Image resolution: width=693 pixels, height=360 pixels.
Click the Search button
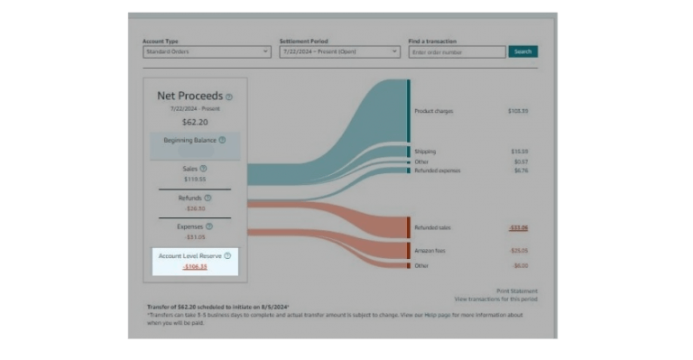point(522,51)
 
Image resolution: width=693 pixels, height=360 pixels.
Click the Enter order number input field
point(457,52)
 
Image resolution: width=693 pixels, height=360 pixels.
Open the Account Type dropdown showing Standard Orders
point(206,51)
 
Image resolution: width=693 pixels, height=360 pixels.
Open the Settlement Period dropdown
point(338,51)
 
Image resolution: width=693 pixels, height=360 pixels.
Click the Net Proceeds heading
point(189,96)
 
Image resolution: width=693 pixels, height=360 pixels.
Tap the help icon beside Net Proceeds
point(229,97)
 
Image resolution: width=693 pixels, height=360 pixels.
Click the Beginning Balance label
point(189,140)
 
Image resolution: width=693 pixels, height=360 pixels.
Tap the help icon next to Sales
point(203,168)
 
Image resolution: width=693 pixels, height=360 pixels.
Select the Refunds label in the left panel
point(190,198)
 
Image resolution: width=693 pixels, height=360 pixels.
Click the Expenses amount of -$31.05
point(195,237)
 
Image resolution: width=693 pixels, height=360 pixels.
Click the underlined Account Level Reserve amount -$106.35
point(195,266)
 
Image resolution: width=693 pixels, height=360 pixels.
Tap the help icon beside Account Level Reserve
point(227,256)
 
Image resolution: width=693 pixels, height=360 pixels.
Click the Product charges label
point(433,111)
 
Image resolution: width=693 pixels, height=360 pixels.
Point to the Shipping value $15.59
point(520,152)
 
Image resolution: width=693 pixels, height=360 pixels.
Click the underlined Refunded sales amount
point(519,228)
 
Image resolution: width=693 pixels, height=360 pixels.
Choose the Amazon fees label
point(429,250)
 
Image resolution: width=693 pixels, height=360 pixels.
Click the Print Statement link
point(516,291)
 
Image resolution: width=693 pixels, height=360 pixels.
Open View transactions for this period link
point(495,298)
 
